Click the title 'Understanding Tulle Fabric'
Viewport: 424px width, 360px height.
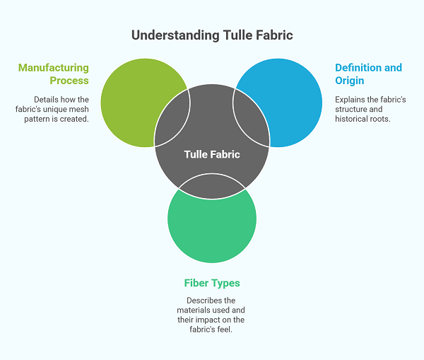pyautogui.click(x=212, y=35)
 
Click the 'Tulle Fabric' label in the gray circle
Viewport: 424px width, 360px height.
pyautogui.click(x=212, y=154)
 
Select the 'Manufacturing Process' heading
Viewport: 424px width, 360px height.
pyautogui.click(x=54, y=74)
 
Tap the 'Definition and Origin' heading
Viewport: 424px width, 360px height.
pyautogui.click(x=368, y=74)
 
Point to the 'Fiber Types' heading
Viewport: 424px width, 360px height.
pyautogui.click(x=212, y=283)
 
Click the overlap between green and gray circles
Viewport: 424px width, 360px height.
pyautogui.click(x=172, y=119)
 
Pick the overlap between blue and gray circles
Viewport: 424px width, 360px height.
pyautogui.click(x=251, y=119)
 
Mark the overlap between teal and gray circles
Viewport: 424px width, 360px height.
pyautogui.click(x=212, y=186)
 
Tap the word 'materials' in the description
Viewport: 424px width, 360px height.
pyautogui.click(x=193, y=310)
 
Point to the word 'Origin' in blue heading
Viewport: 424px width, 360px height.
pyautogui.click(x=350, y=81)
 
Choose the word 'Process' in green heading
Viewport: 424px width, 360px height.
pyautogui.click(x=69, y=81)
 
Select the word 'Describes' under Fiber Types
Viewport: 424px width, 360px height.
pyautogui.click(x=199, y=301)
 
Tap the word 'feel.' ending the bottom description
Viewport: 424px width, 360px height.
pyautogui.click(x=225, y=330)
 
